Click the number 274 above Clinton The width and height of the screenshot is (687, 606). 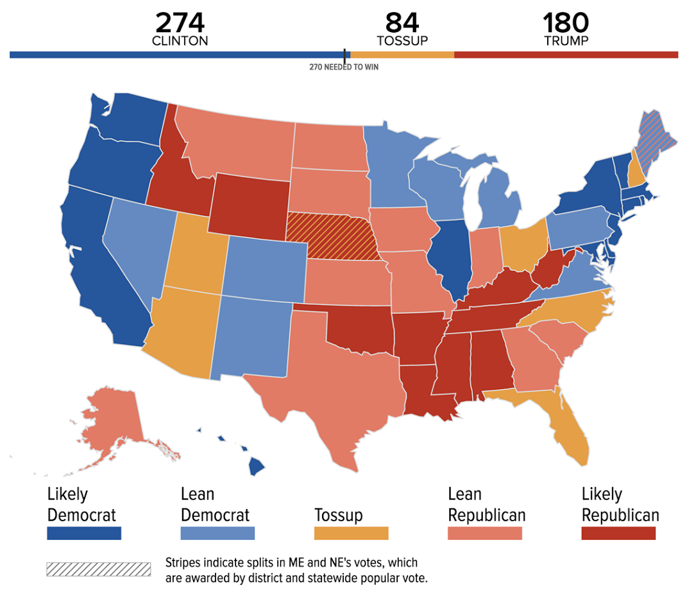pos(180,23)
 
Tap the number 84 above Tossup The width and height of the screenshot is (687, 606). pos(402,23)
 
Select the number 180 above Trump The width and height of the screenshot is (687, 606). pos(566,23)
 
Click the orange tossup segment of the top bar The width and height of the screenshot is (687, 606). pos(402,55)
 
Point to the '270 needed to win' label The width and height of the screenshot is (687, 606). pos(344,67)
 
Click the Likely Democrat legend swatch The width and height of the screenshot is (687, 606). pos(84,533)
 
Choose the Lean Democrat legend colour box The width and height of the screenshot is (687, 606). pos(217,533)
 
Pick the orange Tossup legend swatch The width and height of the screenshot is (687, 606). pos(351,533)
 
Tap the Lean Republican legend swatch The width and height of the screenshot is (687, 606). pos(485,533)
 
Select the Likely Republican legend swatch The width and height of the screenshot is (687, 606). pos(618,533)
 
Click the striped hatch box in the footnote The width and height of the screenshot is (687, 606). pos(98,569)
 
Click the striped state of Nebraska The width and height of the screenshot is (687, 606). pos(334,235)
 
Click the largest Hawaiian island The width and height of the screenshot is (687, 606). pos(257,467)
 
